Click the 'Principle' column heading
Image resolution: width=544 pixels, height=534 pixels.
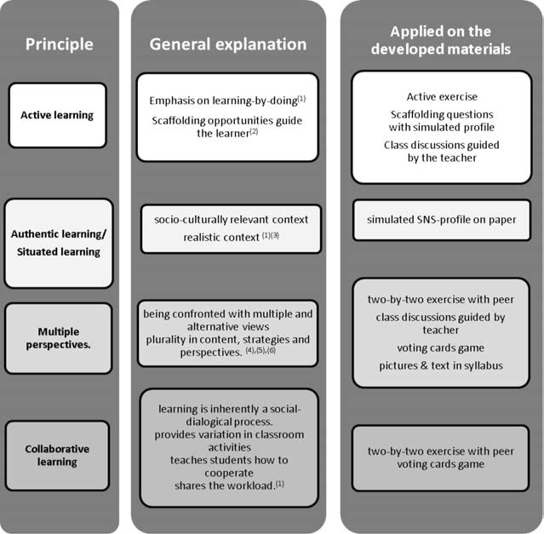point(60,43)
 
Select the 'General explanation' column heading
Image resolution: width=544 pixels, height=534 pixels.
point(228,43)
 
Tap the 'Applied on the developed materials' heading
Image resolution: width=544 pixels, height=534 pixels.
point(440,40)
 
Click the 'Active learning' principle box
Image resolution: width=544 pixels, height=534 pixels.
point(58,114)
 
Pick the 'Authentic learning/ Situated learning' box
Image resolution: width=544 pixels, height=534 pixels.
point(58,242)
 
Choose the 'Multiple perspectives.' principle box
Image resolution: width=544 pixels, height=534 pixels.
point(58,338)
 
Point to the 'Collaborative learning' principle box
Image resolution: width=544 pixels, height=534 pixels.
point(58,455)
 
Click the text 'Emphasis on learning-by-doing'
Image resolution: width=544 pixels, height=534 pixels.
point(224,100)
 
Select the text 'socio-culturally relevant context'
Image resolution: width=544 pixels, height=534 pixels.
point(231,219)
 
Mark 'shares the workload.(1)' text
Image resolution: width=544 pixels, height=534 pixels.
point(220,485)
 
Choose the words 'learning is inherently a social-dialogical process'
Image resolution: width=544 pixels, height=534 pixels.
point(227,415)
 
